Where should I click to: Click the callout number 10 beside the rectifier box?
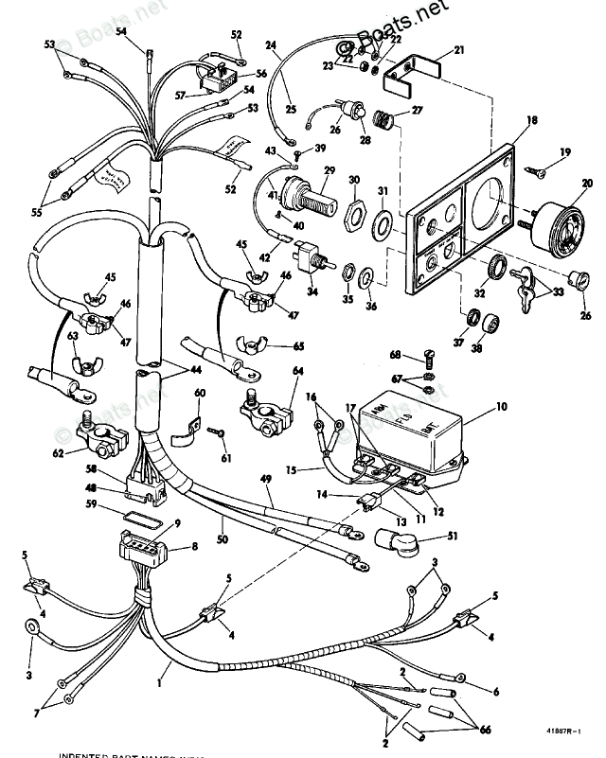(502, 407)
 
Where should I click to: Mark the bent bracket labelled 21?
(412, 75)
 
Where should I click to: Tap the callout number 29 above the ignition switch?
(303, 170)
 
